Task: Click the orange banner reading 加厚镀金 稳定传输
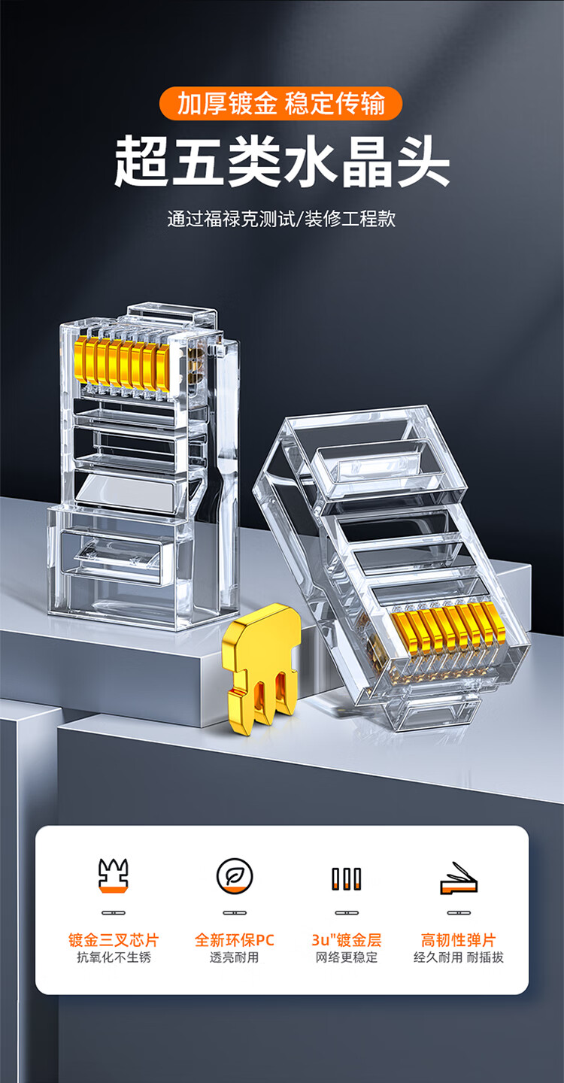[280, 104]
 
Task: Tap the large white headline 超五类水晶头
[282, 162]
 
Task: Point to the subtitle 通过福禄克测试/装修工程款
[281, 219]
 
